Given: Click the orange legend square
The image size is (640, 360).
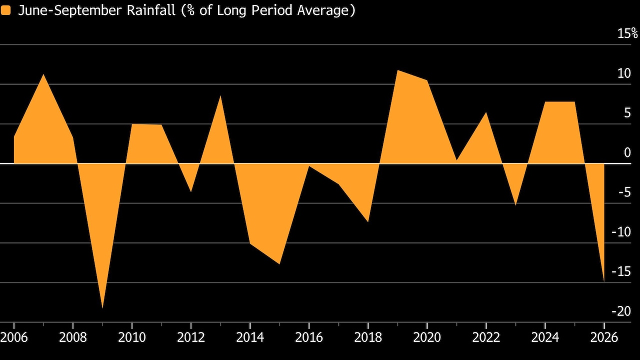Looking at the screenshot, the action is pos(5,10).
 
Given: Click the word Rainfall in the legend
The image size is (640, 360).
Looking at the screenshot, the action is pos(151,10).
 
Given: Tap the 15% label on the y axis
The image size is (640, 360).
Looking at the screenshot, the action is pos(627,33).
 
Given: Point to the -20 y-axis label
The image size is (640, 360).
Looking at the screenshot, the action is pos(621,311).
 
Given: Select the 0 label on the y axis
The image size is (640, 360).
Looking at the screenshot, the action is pos(627,152).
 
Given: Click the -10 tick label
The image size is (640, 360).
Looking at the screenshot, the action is pos(621,231).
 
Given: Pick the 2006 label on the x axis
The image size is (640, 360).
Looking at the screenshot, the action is pos(14,337).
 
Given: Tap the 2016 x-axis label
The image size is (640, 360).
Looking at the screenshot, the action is pos(309,337).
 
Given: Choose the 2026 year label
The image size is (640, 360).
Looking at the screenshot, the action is pos(604,337).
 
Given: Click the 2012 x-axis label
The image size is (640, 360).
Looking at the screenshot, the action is pos(191,337).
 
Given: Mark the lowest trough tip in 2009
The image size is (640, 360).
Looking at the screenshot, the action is pos(102,308).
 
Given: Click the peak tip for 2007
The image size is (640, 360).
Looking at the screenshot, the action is pos(43,74).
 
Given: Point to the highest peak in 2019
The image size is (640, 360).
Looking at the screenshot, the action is pos(397,70).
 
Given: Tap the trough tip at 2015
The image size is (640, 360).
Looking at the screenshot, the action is pos(279,264).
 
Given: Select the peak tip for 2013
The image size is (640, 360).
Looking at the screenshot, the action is pos(220,96).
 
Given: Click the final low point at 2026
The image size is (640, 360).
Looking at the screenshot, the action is pos(604,281).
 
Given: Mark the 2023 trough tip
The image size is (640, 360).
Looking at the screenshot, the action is pos(515,205).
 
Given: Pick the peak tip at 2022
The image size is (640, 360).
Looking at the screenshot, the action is pos(486,112).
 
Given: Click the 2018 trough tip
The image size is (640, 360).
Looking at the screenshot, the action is pos(368,221).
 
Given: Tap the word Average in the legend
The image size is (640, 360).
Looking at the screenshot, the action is pos(323,11).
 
